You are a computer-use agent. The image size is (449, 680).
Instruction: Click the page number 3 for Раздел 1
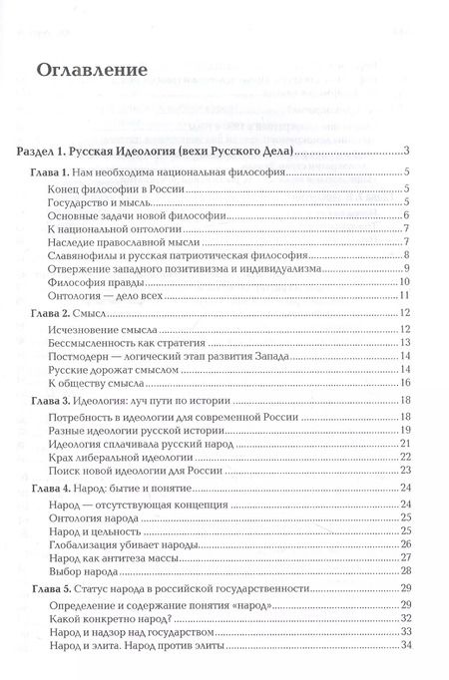[409, 151]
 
